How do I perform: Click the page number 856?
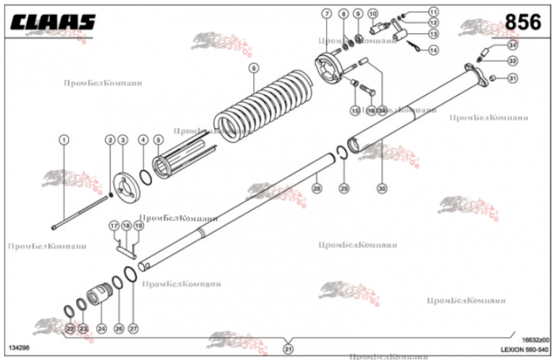pyautogui.click(x=523, y=21)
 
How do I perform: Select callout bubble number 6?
pyautogui.click(x=253, y=68)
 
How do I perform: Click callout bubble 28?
pyautogui.click(x=316, y=188)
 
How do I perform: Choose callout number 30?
pyautogui.click(x=382, y=188)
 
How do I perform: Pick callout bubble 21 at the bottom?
pyautogui.click(x=288, y=348)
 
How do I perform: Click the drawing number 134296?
pyautogui.click(x=21, y=348)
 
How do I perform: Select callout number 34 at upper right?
pyautogui.click(x=490, y=46)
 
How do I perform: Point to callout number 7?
pyautogui.click(x=326, y=14)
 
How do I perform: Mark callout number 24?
pyautogui.click(x=101, y=328)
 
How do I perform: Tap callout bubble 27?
pyautogui.click(x=133, y=328)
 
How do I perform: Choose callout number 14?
pyautogui.click(x=433, y=49)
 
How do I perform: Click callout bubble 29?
pyautogui.click(x=343, y=188)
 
